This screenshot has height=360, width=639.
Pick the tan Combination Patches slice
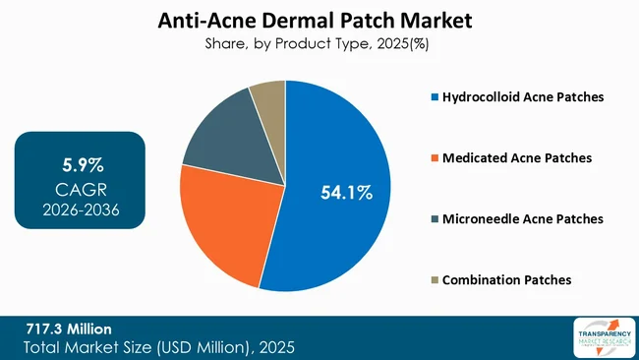click(x=266, y=96)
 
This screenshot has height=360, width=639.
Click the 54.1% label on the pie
click(x=347, y=192)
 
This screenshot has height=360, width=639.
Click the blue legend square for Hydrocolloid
click(x=434, y=97)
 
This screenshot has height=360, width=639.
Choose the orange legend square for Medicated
click(x=434, y=158)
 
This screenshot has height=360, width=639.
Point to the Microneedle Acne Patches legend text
click(x=523, y=218)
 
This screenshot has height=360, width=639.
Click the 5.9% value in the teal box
click(x=83, y=161)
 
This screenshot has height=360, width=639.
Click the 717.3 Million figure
click(x=69, y=329)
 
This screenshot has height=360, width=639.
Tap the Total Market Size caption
click(x=160, y=347)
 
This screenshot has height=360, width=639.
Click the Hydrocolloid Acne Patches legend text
click(x=523, y=97)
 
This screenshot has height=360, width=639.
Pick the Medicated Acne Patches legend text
click(x=516, y=158)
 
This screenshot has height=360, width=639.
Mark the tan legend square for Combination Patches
click(x=434, y=279)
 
